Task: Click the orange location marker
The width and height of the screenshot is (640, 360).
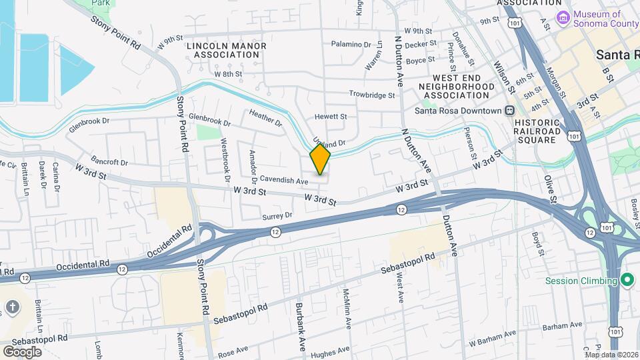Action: pos(320,159)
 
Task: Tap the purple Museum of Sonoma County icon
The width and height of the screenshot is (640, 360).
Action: pos(563,17)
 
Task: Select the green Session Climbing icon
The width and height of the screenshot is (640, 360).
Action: pos(626,280)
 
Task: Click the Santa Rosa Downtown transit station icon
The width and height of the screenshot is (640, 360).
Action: pos(509,111)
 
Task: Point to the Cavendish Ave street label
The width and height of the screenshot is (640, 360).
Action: pos(284,181)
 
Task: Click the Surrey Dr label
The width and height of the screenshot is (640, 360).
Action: pos(277,215)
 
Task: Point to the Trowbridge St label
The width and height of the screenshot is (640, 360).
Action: pos(372,95)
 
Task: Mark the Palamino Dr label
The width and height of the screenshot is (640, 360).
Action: pos(351,45)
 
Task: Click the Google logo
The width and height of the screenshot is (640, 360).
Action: pos(23,351)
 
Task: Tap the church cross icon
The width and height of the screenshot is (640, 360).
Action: pos(12,307)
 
